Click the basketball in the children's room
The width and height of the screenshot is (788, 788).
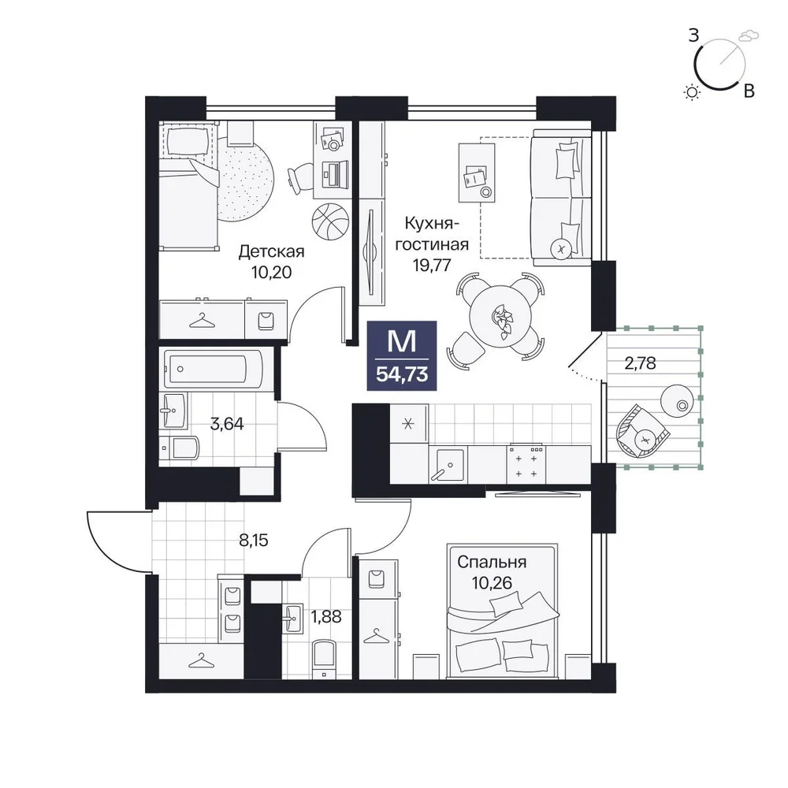coord(330,221)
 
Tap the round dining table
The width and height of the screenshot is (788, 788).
coord(500,316)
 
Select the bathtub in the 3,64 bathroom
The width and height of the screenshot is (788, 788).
coord(213,369)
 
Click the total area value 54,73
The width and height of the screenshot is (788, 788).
coord(402,374)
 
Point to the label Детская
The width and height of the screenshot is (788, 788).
coord(271,251)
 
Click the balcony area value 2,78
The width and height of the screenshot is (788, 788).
coord(640,362)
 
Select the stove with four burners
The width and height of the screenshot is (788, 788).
coord(526,464)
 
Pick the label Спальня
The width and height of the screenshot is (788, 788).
coord(492,562)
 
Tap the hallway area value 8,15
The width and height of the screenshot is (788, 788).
coord(254,541)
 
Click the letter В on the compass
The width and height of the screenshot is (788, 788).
coord(749,91)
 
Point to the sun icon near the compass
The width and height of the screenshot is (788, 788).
coord(692,92)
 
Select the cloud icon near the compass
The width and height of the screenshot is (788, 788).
coord(749,35)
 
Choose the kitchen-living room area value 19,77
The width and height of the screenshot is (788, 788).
coord(432,264)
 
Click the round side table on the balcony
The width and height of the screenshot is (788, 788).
coord(677,400)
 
